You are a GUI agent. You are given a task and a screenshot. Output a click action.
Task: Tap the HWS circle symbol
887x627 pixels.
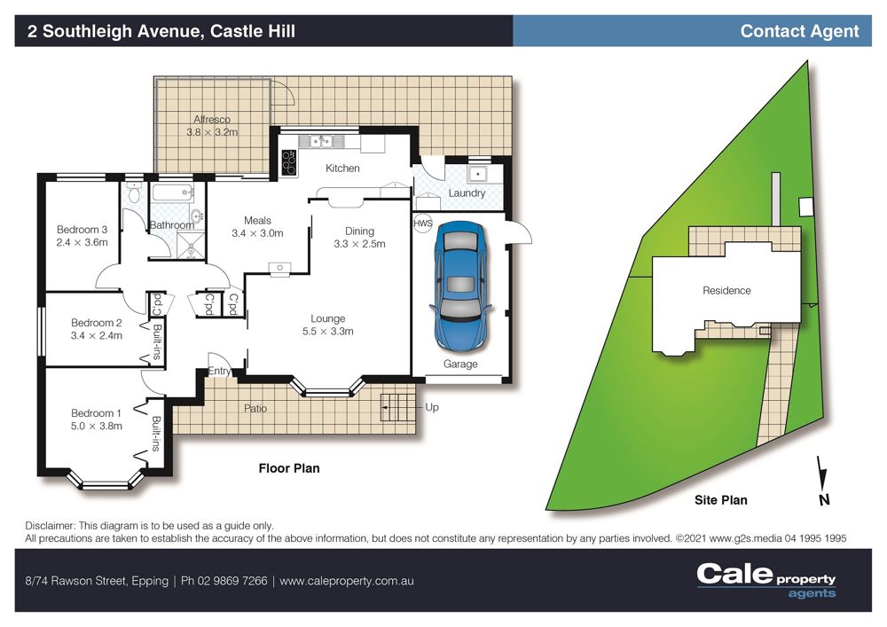click(x=422, y=223)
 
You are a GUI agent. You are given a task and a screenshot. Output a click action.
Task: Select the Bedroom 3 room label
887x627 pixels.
click(x=82, y=230)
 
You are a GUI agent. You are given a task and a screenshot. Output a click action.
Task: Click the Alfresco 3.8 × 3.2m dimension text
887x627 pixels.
click(x=212, y=132)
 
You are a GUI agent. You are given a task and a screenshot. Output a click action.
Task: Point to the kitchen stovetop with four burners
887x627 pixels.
click(x=288, y=163)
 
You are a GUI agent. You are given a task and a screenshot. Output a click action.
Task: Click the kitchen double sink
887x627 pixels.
click(x=321, y=141)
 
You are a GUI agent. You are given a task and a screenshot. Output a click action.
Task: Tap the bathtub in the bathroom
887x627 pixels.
click(x=173, y=192)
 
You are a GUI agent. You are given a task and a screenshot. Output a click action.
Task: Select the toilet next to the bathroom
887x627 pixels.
click(x=134, y=192)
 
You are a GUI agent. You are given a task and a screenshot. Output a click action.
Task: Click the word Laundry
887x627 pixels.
click(x=467, y=192)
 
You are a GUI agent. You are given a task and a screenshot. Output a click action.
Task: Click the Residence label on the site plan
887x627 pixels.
click(x=727, y=291)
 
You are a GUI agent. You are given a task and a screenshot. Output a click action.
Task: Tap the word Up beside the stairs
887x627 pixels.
click(x=432, y=407)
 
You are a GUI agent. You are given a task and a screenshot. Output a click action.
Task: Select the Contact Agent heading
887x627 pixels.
click(x=799, y=31)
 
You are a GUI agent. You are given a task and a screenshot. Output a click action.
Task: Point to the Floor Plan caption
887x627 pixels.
click(x=289, y=468)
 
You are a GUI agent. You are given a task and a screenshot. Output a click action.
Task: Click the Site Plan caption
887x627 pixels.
click(x=720, y=500)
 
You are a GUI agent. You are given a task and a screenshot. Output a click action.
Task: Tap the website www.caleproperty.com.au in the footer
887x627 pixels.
click(x=346, y=581)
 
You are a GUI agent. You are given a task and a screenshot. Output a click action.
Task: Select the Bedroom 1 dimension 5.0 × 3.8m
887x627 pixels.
click(x=96, y=427)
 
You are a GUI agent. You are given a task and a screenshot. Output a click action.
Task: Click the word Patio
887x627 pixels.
click(x=255, y=408)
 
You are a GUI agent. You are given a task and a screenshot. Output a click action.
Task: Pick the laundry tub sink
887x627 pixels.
click(x=478, y=174)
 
